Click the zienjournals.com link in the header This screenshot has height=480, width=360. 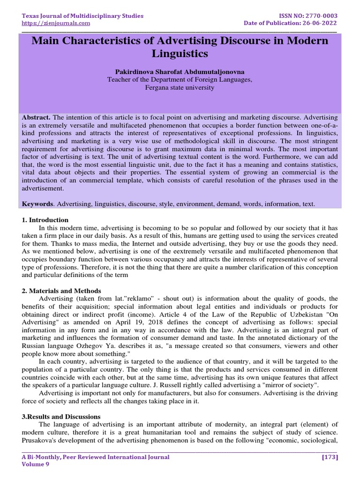pos(56,23)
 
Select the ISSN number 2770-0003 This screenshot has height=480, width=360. pos(320,16)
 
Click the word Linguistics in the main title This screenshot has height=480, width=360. pos(180,53)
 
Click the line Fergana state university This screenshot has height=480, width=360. pos(180,87)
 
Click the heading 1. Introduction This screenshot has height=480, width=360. pos(45,220)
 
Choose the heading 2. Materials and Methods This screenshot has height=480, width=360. pos(61,291)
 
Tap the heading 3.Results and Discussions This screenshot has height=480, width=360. pos(61,416)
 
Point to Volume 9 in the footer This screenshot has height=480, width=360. pos(36,465)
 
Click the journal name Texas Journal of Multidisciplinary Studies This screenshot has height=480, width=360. pos(82,16)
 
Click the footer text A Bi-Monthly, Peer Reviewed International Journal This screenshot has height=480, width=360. pos(96,457)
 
